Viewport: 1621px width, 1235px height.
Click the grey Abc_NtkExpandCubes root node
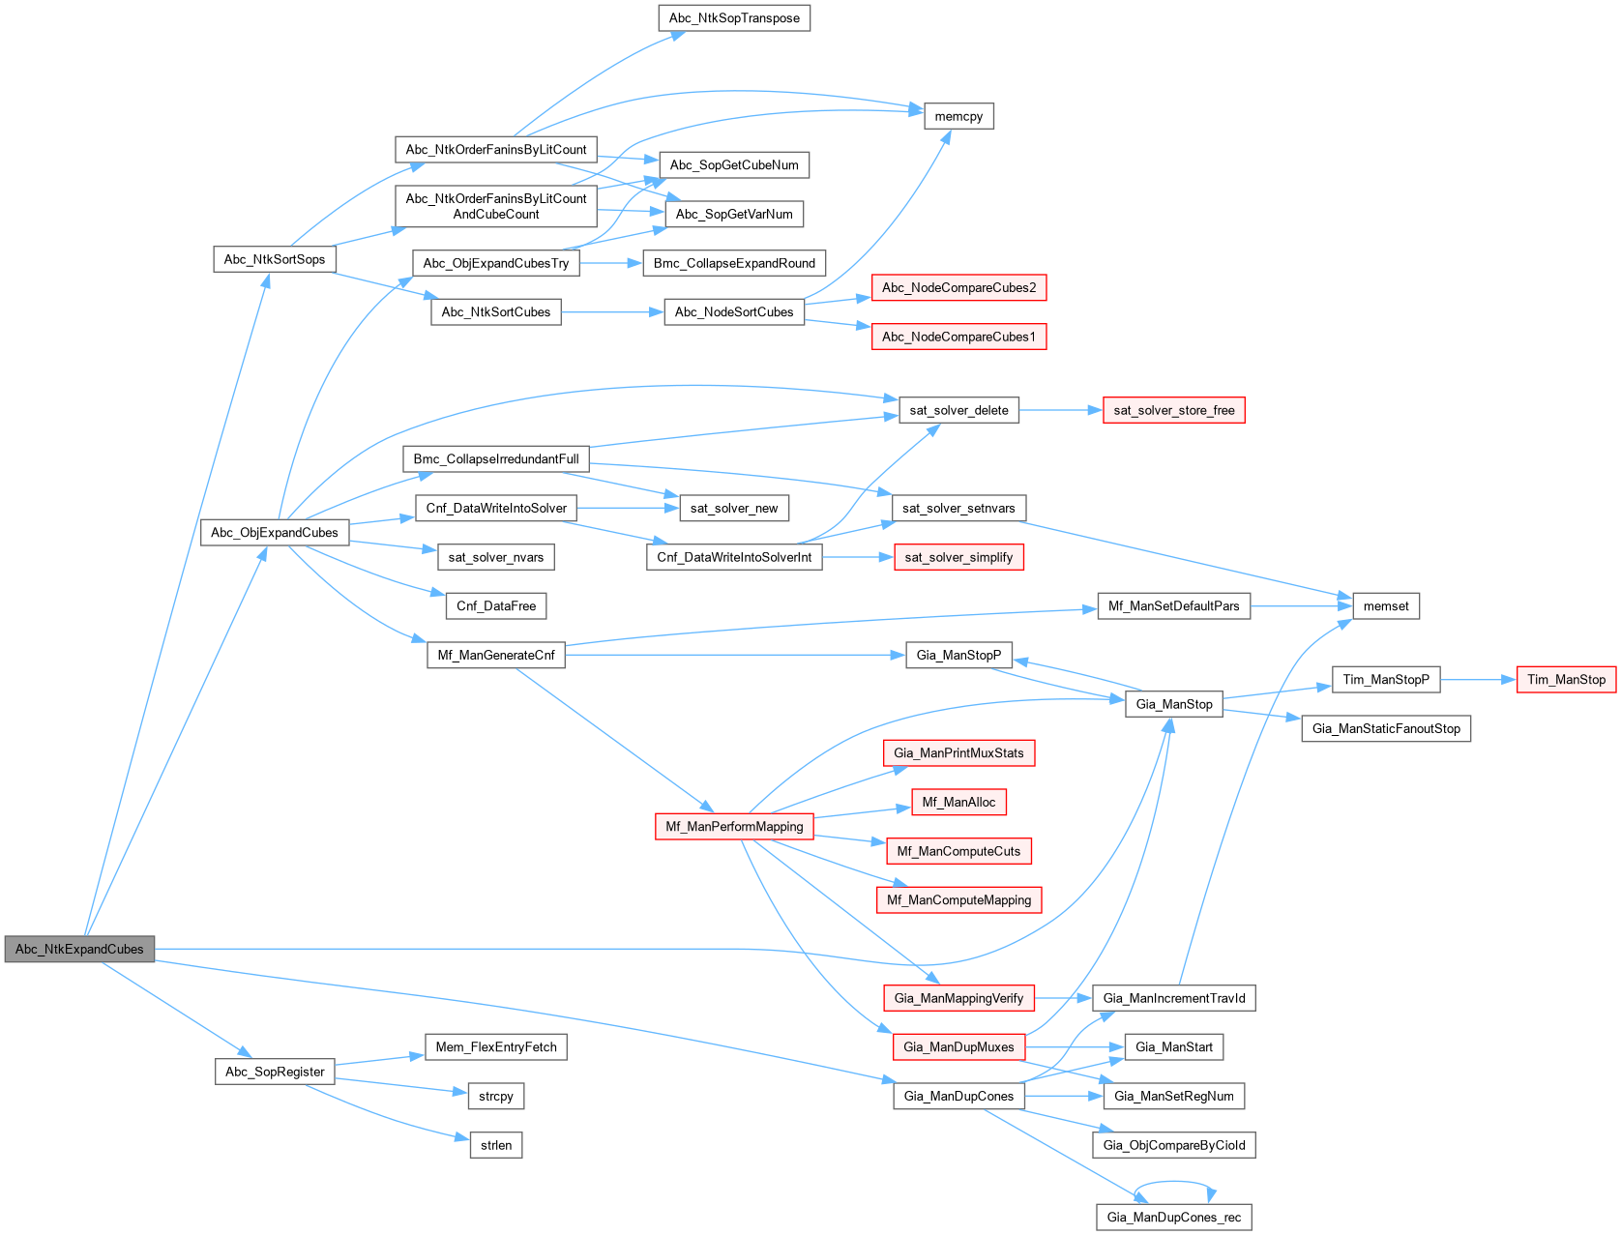pyautogui.click(x=79, y=949)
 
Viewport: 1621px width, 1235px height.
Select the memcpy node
pyautogui.click(x=958, y=116)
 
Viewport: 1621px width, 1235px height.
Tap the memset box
pyautogui.click(x=1386, y=606)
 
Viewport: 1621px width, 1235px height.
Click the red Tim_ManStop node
pyautogui.click(x=1566, y=680)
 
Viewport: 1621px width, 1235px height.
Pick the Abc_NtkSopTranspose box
pyautogui.click(x=734, y=18)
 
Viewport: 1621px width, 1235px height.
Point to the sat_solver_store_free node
pyautogui.click(x=1173, y=410)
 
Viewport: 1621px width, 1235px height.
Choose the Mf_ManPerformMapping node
pyautogui.click(x=734, y=827)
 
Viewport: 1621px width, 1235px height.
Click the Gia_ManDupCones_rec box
pyautogui.click(x=1173, y=1217)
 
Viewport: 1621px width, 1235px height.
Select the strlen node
pyautogui.click(x=496, y=1145)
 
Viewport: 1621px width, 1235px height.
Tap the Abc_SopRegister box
pyautogui.click(x=275, y=1072)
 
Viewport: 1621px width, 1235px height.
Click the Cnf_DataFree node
pyautogui.click(x=496, y=606)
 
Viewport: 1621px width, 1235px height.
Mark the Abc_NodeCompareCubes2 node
pyautogui.click(x=958, y=287)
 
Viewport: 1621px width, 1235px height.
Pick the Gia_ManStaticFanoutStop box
pyautogui.click(x=1386, y=728)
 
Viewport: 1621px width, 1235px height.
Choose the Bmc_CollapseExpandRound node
pyautogui.click(x=734, y=263)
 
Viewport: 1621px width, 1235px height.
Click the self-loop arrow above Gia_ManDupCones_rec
pyautogui.click(x=1174, y=1182)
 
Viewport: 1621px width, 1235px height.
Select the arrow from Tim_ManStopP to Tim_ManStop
pyautogui.click(x=1478, y=680)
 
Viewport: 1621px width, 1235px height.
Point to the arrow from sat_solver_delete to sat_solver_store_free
pyautogui.click(x=1060, y=410)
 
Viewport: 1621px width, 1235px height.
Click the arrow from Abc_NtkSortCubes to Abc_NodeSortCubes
pyautogui.click(x=611, y=312)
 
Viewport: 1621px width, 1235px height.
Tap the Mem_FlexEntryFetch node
pyautogui.click(x=496, y=1047)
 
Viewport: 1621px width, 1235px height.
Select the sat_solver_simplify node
pyautogui.click(x=958, y=557)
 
